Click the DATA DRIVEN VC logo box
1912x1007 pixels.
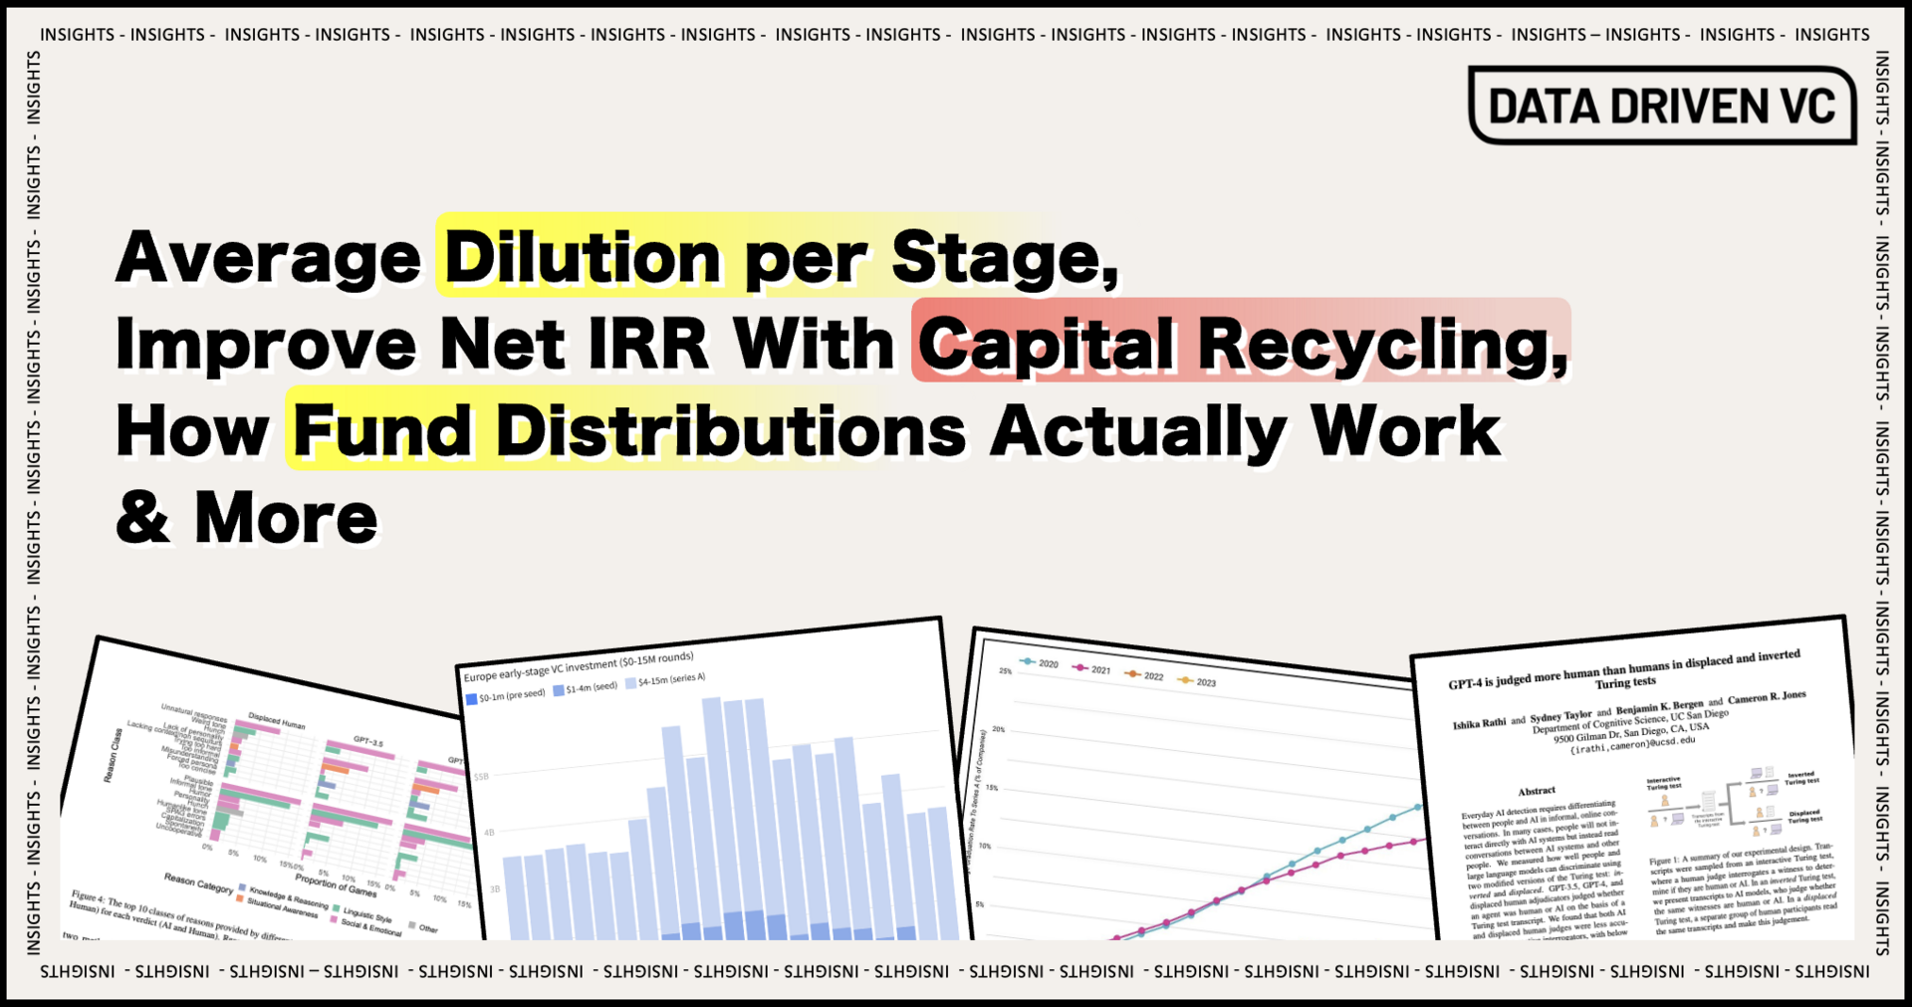pyautogui.click(x=1661, y=106)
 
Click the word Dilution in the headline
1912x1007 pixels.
pyautogui.click(x=583, y=257)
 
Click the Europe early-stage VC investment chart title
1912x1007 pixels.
pyautogui.click(x=578, y=667)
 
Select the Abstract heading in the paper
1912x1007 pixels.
pyautogui.click(x=1537, y=791)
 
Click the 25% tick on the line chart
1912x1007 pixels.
pyautogui.click(x=1006, y=671)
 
